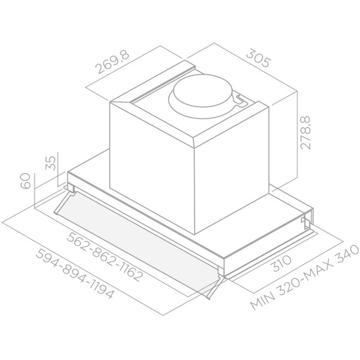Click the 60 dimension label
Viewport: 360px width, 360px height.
[26, 181]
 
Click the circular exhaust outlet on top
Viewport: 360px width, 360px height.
[200, 95]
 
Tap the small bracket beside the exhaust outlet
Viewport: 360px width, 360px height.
[242, 103]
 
